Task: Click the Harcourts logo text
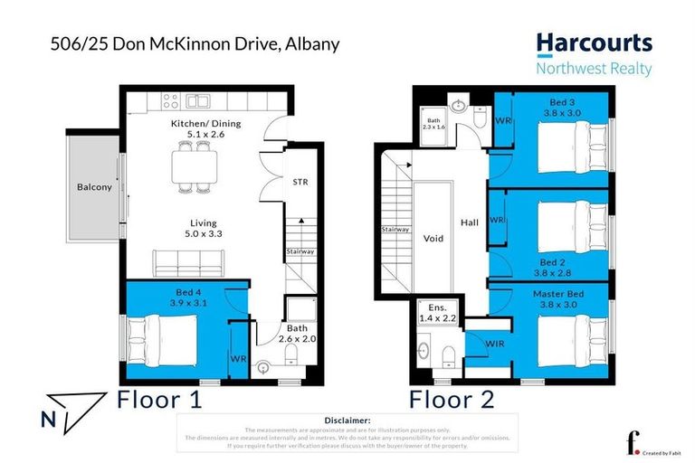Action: pyautogui.click(x=593, y=43)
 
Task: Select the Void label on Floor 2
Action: pyautogui.click(x=433, y=239)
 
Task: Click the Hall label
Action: pyautogui.click(x=469, y=221)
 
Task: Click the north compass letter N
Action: pyautogui.click(x=48, y=418)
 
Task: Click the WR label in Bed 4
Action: pyautogui.click(x=238, y=359)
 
